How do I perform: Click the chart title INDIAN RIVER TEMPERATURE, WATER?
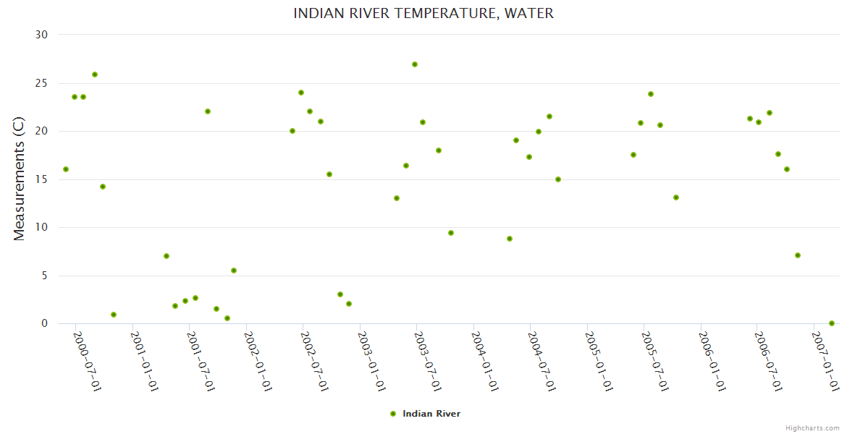[423, 14]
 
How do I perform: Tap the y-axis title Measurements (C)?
[20, 179]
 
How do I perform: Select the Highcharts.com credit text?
[812, 428]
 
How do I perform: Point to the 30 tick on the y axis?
[41, 35]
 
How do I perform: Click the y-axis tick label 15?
[41, 179]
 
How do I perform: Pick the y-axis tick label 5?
[44, 276]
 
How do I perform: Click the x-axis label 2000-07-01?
[87, 361]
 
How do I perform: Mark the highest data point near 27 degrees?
[415, 64]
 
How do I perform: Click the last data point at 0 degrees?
[832, 323]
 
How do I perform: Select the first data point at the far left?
[66, 169]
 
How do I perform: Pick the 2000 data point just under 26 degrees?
[95, 75]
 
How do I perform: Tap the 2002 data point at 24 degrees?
[301, 93]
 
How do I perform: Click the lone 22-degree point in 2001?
[208, 111]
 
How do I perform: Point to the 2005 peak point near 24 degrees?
[651, 94]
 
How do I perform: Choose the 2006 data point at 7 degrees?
[798, 255]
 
